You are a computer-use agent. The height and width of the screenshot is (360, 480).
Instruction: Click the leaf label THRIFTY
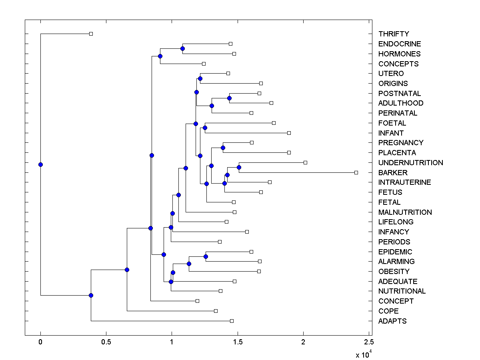[394, 34]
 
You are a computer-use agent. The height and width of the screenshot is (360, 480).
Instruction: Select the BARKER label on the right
[393, 173]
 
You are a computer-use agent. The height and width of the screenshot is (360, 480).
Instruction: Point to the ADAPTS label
[392, 321]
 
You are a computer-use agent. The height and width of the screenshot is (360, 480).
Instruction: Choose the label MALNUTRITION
[405, 212]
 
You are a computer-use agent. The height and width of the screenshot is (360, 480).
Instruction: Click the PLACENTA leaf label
[397, 153]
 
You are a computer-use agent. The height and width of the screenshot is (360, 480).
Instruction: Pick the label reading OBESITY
[394, 272]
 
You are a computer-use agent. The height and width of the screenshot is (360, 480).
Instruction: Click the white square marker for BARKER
[356, 172]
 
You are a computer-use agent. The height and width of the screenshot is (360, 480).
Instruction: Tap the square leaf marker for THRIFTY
[91, 34]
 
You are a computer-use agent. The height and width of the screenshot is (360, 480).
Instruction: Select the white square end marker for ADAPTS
[232, 321]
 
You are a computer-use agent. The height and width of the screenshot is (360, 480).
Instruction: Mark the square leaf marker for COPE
[216, 311]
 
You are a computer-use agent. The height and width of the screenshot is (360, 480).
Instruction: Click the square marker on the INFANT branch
[289, 133]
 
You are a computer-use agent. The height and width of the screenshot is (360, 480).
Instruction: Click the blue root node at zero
[40, 164]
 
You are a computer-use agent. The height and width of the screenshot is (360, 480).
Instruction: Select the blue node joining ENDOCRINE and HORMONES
[182, 48]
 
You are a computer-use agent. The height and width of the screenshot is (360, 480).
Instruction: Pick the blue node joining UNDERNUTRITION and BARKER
[239, 167]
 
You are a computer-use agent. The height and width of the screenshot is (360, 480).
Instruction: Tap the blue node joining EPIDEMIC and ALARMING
[206, 256]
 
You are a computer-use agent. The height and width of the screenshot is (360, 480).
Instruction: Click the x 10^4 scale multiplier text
[364, 354]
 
